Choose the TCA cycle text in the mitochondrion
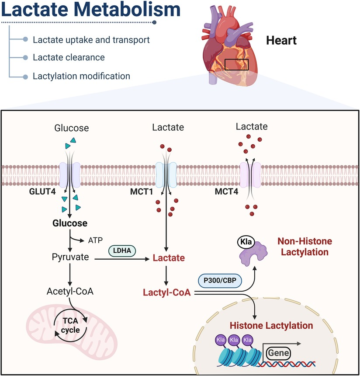[70, 326]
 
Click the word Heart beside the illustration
[281, 41]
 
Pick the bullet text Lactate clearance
[69, 57]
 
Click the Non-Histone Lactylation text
[305, 247]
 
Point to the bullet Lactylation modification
[81, 76]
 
